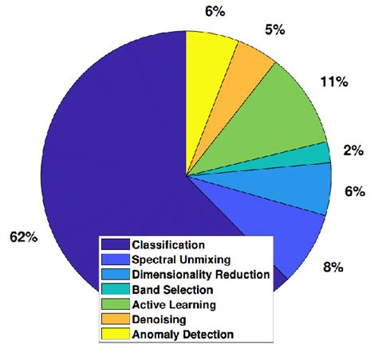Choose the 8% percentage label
pyautogui.click(x=333, y=268)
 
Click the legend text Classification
pyautogui.click(x=168, y=245)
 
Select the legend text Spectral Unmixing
pyautogui.click(x=182, y=259)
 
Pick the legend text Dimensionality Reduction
pyautogui.click(x=200, y=274)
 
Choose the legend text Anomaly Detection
pyautogui.click(x=183, y=334)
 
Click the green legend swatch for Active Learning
pyautogui.click(x=116, y=304)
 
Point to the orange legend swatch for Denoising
pyautogui.click(x=116, y=319)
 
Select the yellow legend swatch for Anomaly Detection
pyautogui.click(x=116, y=334)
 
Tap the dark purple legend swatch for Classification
pyautogui.click(x=116, y=245)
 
